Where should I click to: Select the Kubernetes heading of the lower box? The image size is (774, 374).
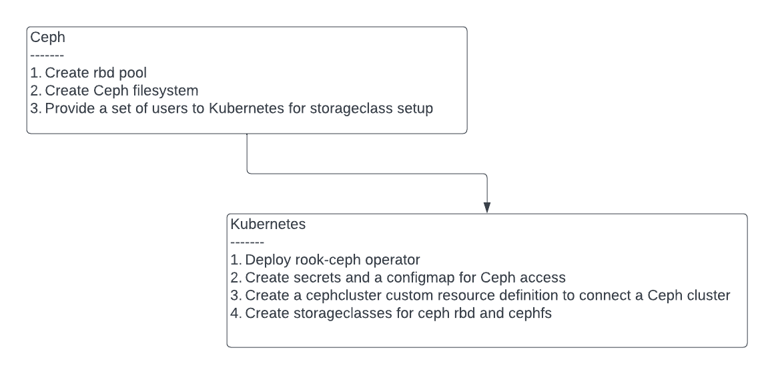click(268, 224)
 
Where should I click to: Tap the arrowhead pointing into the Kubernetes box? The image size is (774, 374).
click(487, 206)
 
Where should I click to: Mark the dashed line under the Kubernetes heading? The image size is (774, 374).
click(248, 241)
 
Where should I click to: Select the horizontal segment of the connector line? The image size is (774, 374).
click(367, 175)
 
